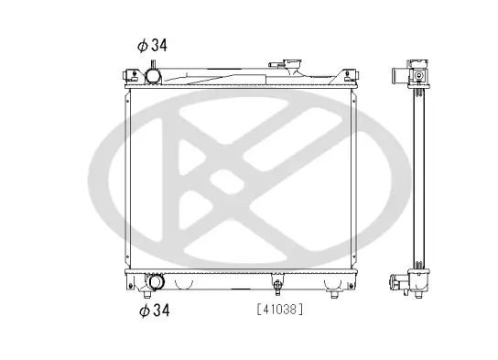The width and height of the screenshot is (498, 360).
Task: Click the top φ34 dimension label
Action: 155,44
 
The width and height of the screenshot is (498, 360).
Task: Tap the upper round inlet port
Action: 154,74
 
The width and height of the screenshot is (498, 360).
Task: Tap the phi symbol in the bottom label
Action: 143,311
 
